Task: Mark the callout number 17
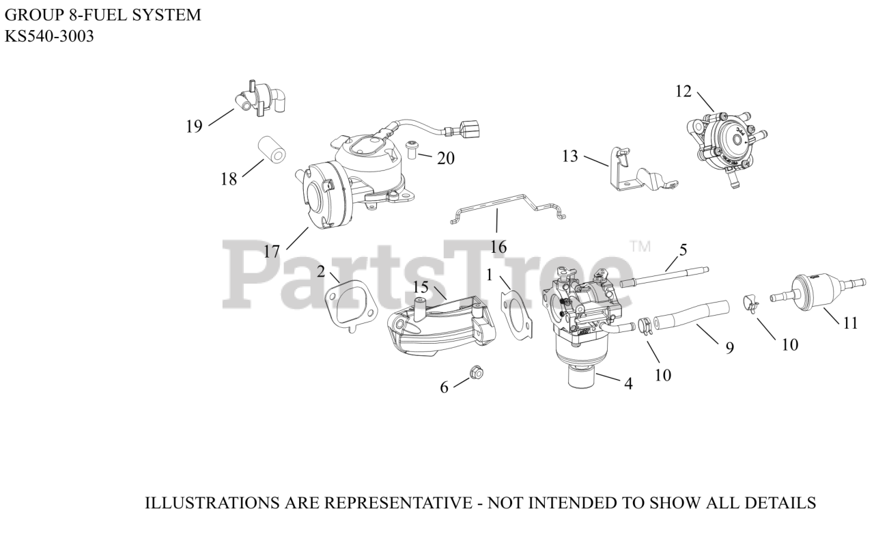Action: [x=272, y=251]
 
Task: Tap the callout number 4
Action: [x=628, y=384]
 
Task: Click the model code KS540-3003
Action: [x=49, y=36]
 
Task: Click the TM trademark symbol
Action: [x=640, y=245]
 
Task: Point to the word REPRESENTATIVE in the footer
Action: [x=397, y=504]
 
